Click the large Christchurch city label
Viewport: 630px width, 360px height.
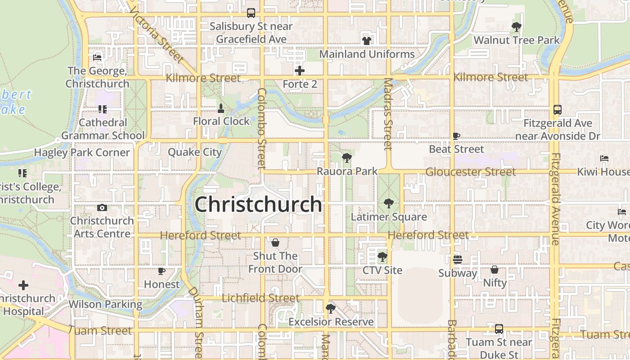(x=258, y=204)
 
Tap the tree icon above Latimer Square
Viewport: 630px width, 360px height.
(x=388, y=203)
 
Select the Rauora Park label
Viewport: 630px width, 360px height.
(x=347, y=171)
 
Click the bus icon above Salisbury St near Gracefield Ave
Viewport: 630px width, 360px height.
(x=251, y=13)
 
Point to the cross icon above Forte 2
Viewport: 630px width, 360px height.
(x=300, y=71)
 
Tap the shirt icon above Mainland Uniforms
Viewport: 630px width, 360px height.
(x=367, y=41)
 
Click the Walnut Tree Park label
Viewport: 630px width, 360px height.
(x=517, y=40)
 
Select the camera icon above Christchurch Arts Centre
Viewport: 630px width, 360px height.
(x=102, y=207)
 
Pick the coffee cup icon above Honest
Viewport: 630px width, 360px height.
(x=162, y=271)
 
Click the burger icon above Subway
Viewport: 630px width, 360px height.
(x=458, y=260)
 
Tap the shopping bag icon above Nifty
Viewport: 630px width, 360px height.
(x=495, y=270)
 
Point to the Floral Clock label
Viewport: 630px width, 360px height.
(x=221, y=121)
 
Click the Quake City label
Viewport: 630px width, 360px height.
(x=195, y=152)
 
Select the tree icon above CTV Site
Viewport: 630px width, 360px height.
(x=382, y=257)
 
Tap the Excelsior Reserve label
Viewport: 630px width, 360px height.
(x=331, y=322)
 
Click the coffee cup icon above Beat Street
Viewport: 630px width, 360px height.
(x=456, y=136)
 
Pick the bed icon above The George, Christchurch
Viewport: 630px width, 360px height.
(x=97, y=57)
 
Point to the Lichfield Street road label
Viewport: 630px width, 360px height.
(x=261, y=298)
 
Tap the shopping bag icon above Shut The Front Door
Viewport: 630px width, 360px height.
(x=275, y=243)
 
